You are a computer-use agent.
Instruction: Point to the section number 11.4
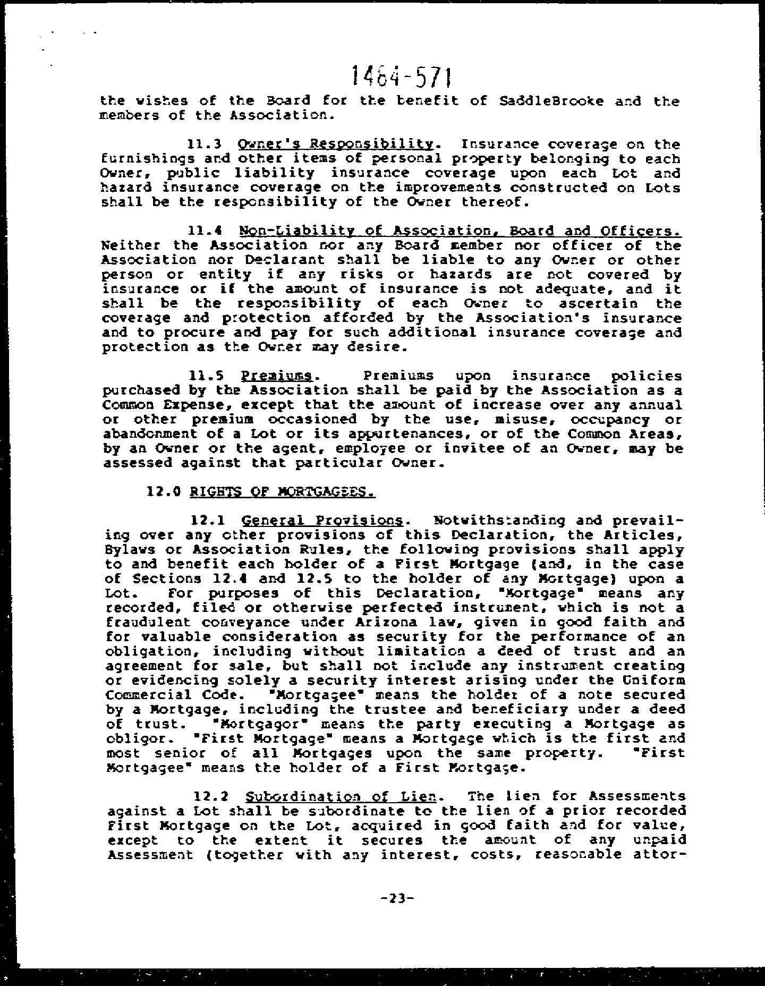pyautogui.click(x=205, y=231)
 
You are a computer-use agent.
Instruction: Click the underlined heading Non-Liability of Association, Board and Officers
pyautogui.click(x=460, y=231)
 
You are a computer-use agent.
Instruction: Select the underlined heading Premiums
pyautogui.click(x=276, y=376)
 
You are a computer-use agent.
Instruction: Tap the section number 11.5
pyautogui.click(x=205, y=376)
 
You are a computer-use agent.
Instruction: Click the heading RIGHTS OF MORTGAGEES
pyautogui.click(x=282, y=492)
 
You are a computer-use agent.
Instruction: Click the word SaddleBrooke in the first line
pyautogui.click(x=551, y=101)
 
